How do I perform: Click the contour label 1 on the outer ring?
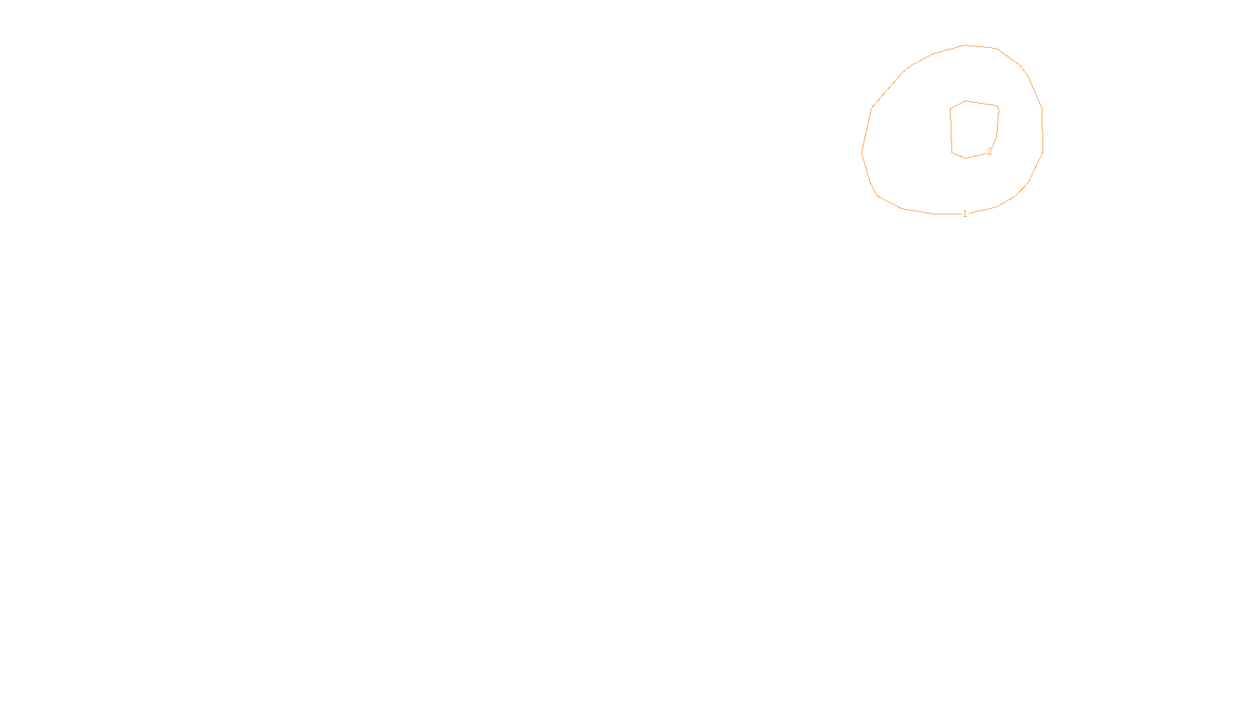point(965,214)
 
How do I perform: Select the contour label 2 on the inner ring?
point(989,152)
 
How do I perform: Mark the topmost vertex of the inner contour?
point(966,101)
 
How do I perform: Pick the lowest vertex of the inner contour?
point(965,159)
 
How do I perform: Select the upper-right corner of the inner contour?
point(998,107)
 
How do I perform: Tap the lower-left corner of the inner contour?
point(952,152)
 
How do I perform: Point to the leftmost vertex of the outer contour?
point(862,152)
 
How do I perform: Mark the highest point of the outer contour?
point(966,46)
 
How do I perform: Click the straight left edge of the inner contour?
point(951,130)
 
